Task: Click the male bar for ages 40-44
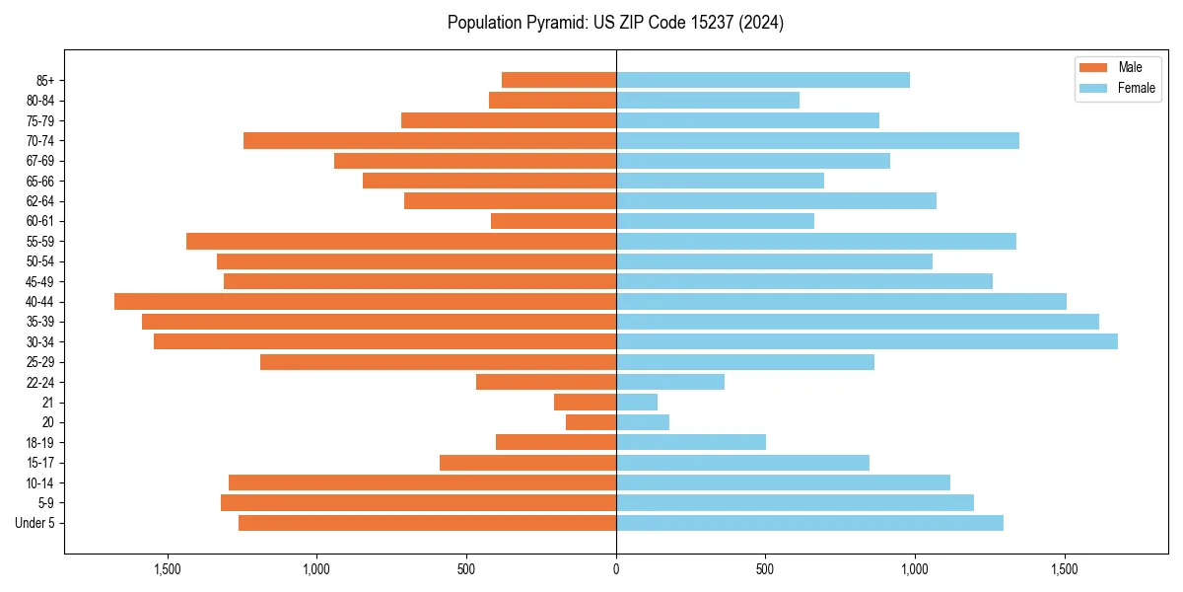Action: [365, 302]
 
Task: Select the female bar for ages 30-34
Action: [867, 341]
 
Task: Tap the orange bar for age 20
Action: [591, 422]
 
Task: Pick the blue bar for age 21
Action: [637, 403]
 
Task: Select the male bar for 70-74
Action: [430, 141]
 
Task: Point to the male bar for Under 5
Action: [427, 523]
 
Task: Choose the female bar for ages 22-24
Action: [670, 382]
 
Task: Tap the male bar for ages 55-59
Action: [401, 242]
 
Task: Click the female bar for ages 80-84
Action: [708, 101]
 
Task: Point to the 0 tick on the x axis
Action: [616, 569]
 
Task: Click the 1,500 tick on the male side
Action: [168, 569]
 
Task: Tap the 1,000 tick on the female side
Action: [915, 569]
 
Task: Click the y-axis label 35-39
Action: [40, 322]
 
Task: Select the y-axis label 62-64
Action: [40, 201]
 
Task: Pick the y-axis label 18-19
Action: [40, 443]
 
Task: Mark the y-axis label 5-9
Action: [45, 503]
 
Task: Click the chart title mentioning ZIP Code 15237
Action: [615, 23]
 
